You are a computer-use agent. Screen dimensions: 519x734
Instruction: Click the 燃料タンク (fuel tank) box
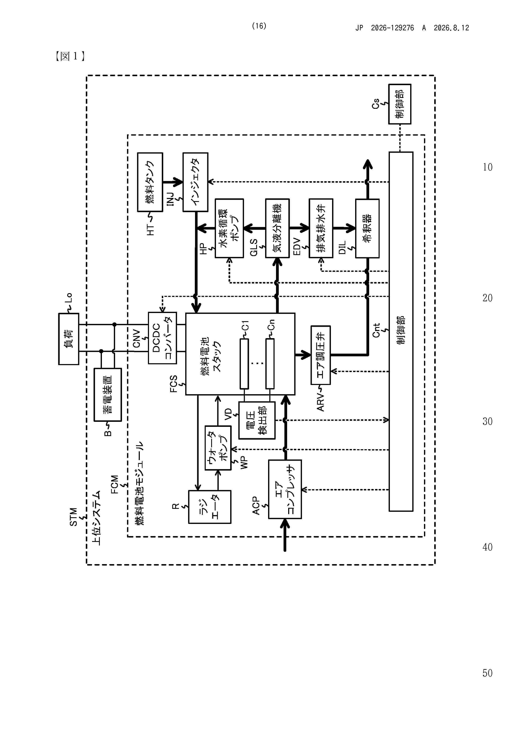(x=150, y=182)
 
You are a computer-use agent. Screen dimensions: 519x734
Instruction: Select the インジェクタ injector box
(x=195, y=182)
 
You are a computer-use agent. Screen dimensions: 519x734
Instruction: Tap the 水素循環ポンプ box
(x=229, y=228)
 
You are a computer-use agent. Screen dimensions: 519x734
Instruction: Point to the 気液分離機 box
(x=277, y=228)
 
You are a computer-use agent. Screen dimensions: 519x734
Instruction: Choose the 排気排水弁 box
(x=321, y=228)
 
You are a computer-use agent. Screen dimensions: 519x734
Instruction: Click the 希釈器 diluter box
(x=367, y=228)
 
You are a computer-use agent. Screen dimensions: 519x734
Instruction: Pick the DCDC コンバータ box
(x=162, y=338)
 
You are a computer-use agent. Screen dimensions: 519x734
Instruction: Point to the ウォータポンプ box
(x=218, y=448)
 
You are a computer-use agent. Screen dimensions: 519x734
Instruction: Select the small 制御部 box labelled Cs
(x=400, y=104)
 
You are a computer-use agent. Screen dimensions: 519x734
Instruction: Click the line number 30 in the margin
(x=487, y=421)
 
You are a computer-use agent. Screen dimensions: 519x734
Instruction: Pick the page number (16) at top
(x=259, y=26)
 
